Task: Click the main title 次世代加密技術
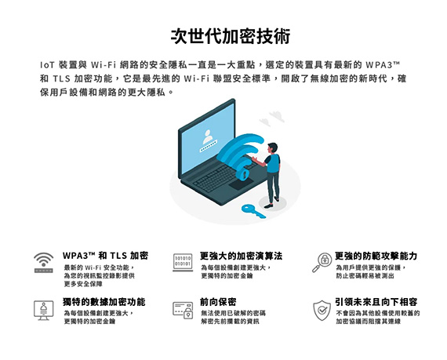[x=231, y=36]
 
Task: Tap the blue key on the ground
[x=253, y=211]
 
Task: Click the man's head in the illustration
[x=273, y=148]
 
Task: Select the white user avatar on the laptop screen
[x=208, y=136]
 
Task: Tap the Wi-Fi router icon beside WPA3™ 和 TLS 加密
[x=44, y=263]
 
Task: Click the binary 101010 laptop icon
[x=183, y=263]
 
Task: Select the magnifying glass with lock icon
[x=322, y=263]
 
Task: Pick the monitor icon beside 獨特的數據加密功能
[x=44, y=310]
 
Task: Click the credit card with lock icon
[x=183, y=310]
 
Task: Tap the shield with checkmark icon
[x=322, y=310]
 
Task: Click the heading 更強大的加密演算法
[x=242, y=256]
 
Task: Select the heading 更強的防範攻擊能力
[x=376, y=256]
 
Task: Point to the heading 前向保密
[x=218, y=302]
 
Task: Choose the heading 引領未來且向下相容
[x=376, y=302]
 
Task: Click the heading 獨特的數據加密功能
[x=104, y=302]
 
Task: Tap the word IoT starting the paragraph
[x=47, y=65]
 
